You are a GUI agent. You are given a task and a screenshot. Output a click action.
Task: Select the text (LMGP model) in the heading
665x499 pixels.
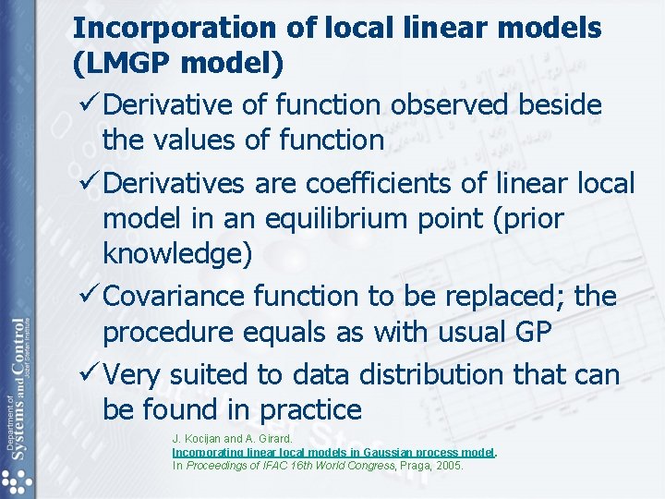(178, 66)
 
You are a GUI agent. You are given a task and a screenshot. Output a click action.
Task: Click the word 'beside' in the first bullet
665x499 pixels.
(558, 105)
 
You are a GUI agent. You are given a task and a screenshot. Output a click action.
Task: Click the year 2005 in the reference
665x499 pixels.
(449, 466)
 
